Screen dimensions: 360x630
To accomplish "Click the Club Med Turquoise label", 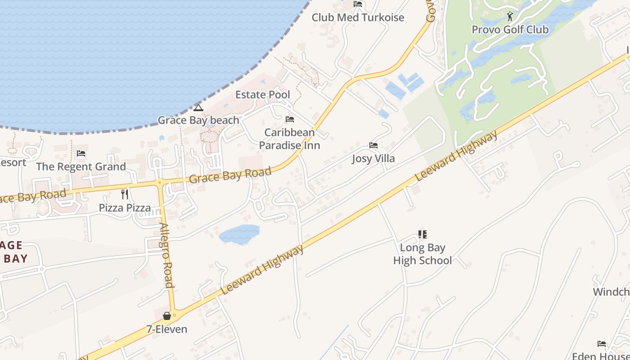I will pos(358,18).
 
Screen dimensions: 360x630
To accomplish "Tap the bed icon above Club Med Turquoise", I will pos(358,4).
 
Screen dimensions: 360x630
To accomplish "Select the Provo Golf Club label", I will pos(510,30).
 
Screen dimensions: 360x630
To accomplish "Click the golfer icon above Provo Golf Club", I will pos(510,17).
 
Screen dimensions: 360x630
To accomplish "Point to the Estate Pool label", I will pos(263,95).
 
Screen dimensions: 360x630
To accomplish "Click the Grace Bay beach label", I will pos(198,120).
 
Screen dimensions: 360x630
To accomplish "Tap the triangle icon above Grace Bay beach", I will pos(198,108).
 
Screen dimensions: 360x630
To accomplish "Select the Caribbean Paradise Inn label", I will pos(289,139).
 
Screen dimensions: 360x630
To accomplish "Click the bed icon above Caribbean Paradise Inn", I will pos(290,120).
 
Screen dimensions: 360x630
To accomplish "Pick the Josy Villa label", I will pos(373,158).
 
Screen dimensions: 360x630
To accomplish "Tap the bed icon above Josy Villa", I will pos(373,145).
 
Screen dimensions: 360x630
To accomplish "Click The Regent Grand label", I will pos(81,166).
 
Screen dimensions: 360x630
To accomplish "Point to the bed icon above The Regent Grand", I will pos(81,153).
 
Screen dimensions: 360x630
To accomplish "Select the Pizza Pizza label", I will pos(125,208).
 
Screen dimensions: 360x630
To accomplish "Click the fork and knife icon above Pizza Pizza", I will pos(125,194).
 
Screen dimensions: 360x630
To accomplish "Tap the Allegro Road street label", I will pos(166,255).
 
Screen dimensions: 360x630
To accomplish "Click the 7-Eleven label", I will pos(166,329).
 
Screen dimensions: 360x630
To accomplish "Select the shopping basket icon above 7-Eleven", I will pos(166,316).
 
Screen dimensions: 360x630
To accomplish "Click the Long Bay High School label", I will pos(422,254).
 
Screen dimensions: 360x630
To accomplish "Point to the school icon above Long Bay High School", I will pos(422,234).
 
